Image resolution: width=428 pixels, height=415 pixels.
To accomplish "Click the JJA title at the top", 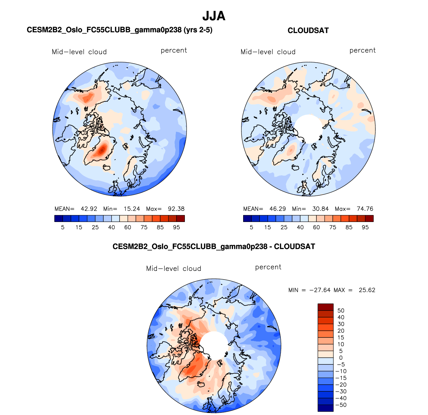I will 214,16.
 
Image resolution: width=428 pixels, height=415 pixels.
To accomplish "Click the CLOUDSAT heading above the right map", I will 308,31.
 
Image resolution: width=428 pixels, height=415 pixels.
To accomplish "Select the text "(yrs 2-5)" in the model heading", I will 198,30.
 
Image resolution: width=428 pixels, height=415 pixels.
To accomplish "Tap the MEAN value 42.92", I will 89,209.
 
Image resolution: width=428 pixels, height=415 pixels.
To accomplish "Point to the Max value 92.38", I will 176,209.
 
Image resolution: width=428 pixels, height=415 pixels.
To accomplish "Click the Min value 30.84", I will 320,209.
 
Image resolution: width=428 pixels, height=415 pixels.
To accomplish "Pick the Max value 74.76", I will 365,209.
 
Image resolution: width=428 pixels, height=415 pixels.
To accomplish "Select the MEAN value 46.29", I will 278,209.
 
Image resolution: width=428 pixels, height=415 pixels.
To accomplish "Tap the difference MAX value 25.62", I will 367,290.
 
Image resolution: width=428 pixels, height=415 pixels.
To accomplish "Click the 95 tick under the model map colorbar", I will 177,227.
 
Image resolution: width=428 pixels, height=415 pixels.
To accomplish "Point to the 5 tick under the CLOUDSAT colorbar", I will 251,227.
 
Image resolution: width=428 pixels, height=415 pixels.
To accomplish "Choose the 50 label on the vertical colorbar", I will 341,311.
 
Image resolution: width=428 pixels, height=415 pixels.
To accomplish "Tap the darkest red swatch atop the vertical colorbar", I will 325,307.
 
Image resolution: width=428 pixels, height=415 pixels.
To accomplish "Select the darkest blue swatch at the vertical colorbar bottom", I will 325,408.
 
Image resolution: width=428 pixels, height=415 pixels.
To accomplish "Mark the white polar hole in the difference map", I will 214,345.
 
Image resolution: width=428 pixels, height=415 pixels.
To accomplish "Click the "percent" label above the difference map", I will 268,267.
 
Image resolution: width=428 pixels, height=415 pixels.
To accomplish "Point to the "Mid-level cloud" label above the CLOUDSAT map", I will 268,52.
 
